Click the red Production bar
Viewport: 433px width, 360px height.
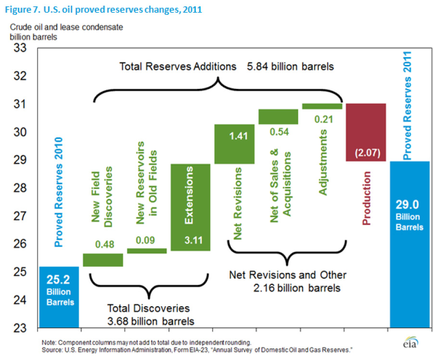pos(365,132)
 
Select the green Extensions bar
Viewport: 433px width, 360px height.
pos(191,207)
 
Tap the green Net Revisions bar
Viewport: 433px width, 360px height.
pos(234,144)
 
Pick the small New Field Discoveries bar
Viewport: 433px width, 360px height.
pos(102,260)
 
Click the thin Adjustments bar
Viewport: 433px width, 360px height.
pos(322,106)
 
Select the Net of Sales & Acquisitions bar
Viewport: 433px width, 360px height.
pos(278,117)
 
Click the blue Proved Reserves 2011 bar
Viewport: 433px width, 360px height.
pos(409,245)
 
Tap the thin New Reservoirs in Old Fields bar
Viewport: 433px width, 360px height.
pos(147,250)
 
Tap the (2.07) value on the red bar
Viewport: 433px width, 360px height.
pos(365,154)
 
